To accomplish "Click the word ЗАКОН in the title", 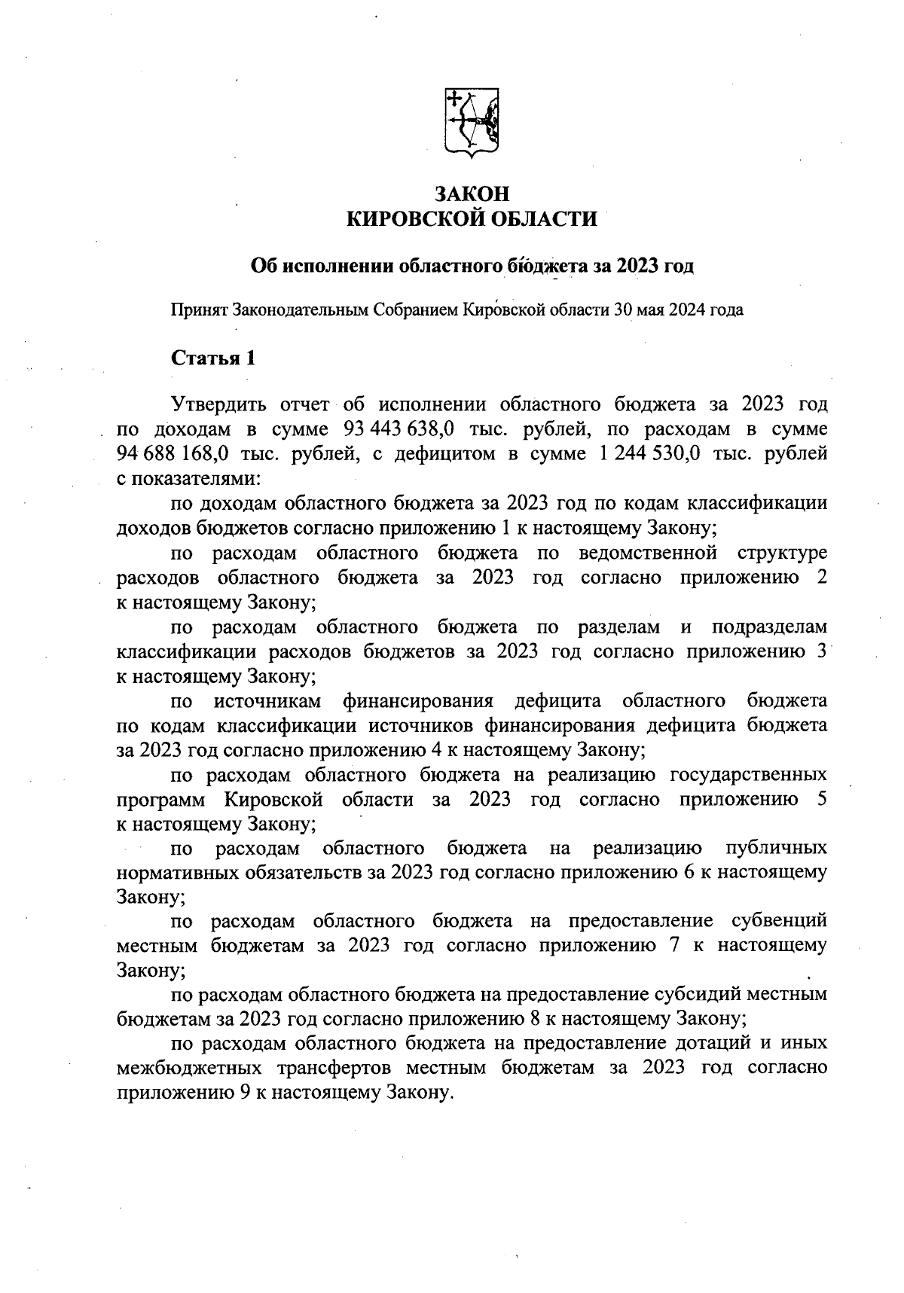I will tap(472, 194).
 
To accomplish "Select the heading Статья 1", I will tap(214, 358).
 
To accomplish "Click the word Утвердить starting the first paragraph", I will tap(218, 405).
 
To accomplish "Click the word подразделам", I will tap(769, 627).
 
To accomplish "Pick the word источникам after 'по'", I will tap(268, 701).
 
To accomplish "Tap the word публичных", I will tap(776, 849).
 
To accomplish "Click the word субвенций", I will tap(779, 921).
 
